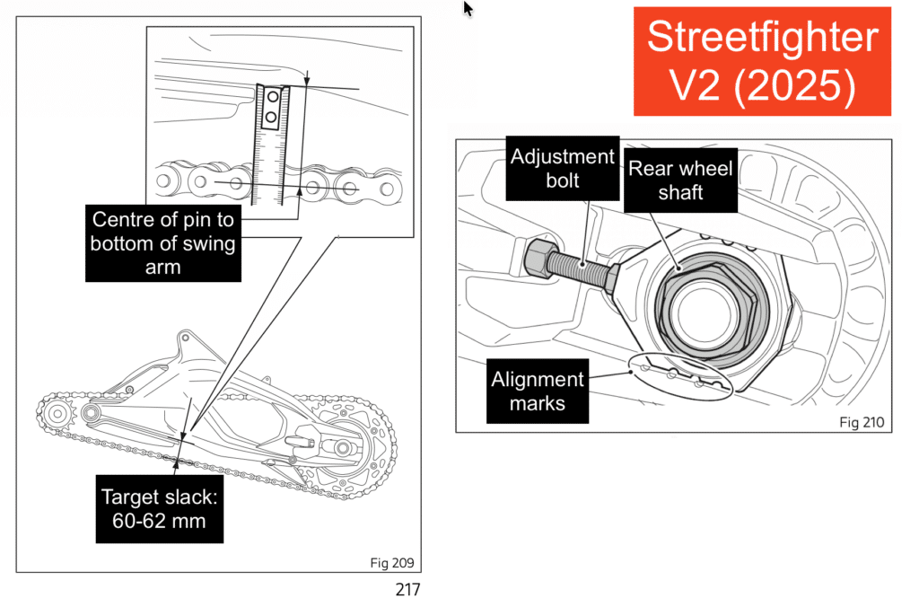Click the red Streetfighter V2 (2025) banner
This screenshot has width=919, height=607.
click(x=762, y=60)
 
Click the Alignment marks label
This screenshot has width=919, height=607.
click(x=538, y=391)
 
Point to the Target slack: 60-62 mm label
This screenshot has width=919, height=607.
click(x=159, y=508)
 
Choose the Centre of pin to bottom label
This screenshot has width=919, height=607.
click(x=163, y=242)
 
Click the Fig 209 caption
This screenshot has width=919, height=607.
click(x=391, y=563)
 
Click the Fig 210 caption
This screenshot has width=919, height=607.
click(x=862, y=421)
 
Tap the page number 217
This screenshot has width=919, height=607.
click(x=407, y=590)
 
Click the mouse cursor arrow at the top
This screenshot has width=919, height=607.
click(x=468, y=8)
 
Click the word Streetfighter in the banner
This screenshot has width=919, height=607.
click(x=762, y=37)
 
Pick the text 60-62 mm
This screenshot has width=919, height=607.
click(x=159, y=520)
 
